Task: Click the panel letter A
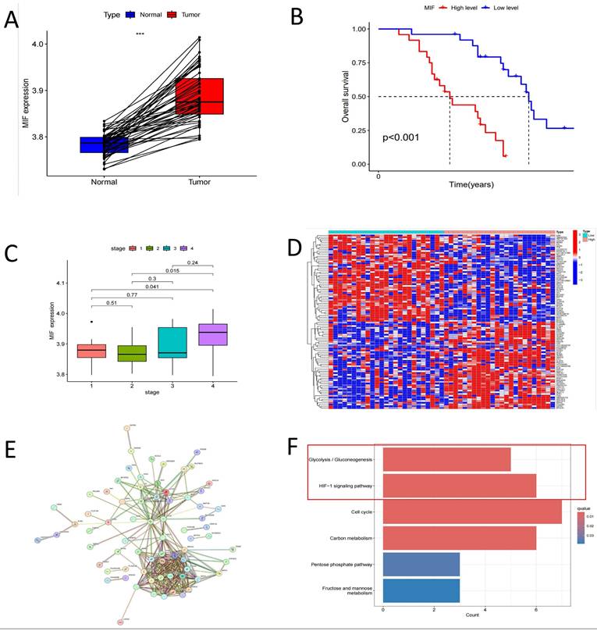click(x=12, y=20)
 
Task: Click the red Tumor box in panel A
click(x=199, y=96)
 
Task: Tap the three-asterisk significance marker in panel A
click(x=140, y=34)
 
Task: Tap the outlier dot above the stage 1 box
click(x=91, y=322)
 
